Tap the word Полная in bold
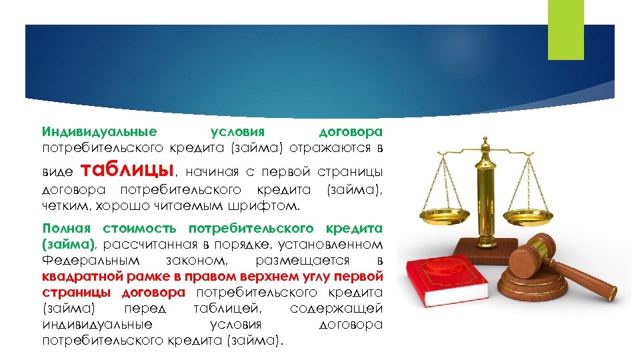click(64, 229)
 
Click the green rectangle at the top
click(565, 29)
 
